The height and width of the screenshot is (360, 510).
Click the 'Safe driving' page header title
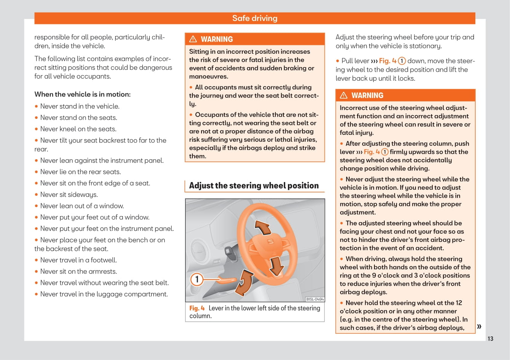pos(255,18)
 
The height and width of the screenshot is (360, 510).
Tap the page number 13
pos(490,339)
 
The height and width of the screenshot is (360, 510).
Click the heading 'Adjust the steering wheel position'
pos(254,186)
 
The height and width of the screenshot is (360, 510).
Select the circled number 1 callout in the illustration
pos(197,280)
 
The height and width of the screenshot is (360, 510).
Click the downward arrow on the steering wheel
pos(276,266)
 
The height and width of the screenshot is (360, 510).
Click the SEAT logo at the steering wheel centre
pos(270,242)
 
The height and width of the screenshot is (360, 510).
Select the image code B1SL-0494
pos(315,299)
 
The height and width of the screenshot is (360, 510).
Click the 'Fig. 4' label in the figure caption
pos(197,308)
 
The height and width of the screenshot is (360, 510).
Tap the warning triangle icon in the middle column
pos(193,39)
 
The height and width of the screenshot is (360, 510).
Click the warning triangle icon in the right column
pos(344,95)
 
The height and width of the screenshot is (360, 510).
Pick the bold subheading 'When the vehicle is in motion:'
pos(82,94)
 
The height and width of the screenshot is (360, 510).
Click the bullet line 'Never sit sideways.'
pos(69,195)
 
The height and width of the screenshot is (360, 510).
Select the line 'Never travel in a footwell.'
pos(78,260)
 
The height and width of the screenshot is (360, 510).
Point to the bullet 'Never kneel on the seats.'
pos(78,129)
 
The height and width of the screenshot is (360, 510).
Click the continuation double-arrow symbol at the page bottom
pos(479,326)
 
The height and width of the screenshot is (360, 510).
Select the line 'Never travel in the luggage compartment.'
pos(104,294)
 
